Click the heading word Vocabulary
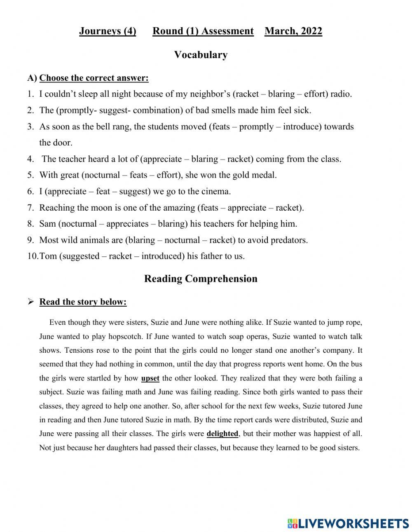201,55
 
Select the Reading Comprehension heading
201,279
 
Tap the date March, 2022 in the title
293,31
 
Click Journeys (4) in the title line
108,31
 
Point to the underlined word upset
150,378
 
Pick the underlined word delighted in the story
222,434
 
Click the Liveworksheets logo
348,523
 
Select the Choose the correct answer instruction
94,78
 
